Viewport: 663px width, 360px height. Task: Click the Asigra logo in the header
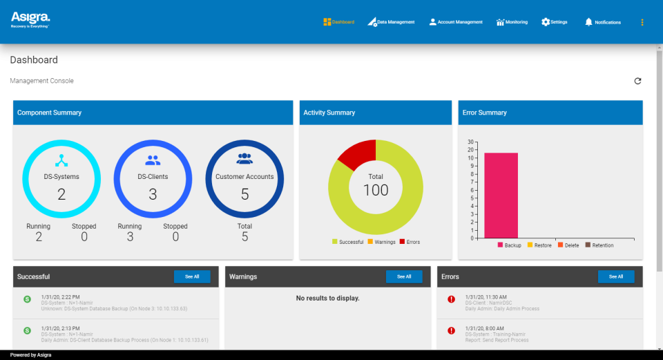[30, 19]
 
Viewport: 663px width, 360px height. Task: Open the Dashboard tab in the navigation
[338, 22]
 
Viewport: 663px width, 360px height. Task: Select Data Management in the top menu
[391, 22]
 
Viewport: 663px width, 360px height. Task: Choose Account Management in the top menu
[456, 22]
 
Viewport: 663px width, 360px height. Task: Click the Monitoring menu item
[512, 22]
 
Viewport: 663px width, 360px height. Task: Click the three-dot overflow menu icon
[642, 22]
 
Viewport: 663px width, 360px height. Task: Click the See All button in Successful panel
[192, 276]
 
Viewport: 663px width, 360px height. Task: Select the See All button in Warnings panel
[404, 276]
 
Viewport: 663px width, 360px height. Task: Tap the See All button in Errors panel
[616, 276]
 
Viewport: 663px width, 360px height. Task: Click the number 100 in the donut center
[376, 190]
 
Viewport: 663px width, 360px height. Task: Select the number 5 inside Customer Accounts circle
[244, 194]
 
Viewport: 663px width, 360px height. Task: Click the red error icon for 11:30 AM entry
[452, 299]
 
